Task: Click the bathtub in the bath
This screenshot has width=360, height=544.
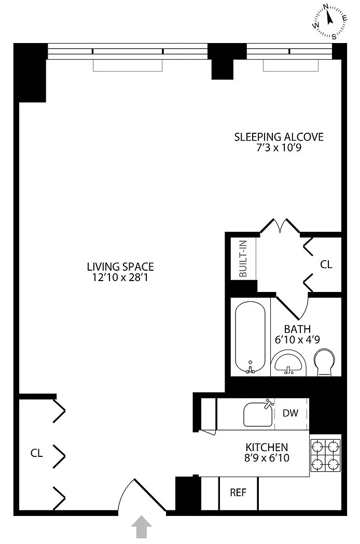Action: click(x=251, y=337)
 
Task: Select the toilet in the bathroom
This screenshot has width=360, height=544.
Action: click(x=324, y=362)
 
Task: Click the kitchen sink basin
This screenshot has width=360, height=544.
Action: click(x=258, y=414)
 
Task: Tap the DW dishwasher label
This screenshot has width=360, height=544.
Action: click(x=290, y=413)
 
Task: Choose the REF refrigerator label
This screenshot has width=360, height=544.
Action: click(x=238, y=492)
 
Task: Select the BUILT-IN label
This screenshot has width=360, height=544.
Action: click(x=243, y=258)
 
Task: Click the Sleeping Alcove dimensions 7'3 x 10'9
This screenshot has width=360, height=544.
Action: click(x=279, y=148)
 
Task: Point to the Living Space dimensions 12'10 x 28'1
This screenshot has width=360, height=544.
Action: click(x=120, y=277)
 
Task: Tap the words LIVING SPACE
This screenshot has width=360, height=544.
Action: click(x=120, y=267)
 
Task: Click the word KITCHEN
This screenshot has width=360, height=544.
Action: click(x=267, y=447)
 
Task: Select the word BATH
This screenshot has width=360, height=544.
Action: click(x=298, y=329)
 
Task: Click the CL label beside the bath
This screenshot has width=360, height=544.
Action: click(x=326, y=264)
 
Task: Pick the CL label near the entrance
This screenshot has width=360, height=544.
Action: click(x=36, y=453)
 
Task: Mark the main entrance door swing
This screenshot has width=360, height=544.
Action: click(x=142, y=495)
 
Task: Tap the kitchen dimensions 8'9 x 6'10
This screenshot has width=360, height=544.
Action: click(x=267, y=458)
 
